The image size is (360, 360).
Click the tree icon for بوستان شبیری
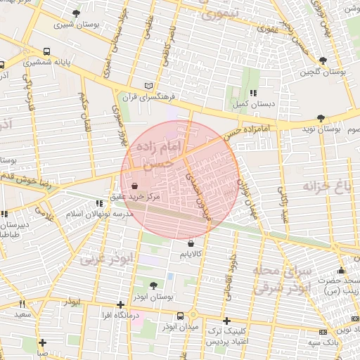75,13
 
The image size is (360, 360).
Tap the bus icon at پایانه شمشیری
47,51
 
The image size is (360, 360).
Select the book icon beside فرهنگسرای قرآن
148,85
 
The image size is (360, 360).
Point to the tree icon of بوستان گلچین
323,60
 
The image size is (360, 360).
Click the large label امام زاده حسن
161,153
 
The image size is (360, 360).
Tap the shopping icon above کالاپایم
191,243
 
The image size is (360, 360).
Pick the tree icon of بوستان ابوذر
154,285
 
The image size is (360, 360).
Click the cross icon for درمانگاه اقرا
121,304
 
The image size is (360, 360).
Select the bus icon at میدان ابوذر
181,316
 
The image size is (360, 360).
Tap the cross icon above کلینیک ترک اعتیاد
226,320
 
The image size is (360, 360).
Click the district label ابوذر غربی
105,258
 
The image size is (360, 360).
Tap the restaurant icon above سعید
22,304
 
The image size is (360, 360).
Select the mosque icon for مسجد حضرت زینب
342,271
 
